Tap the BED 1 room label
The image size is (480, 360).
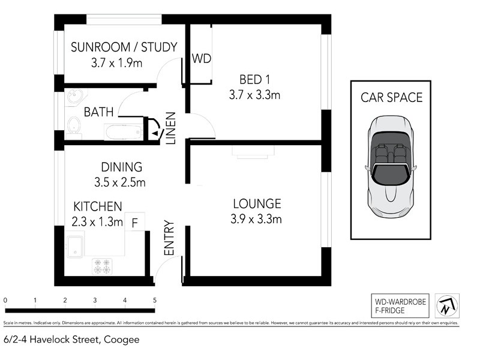click(x=254, y=79)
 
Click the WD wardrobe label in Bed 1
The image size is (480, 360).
click(x=200, y=59)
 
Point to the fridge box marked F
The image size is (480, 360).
click(x=135, y=223)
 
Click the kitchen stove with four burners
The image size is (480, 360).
click(x=102, y=266)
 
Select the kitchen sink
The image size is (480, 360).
click(x=75, y=245)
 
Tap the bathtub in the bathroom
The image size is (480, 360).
click(x=124, y=132)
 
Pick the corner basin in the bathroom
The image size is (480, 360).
click(x=74, y=96)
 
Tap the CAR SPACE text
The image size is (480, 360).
click(x=391, y=97)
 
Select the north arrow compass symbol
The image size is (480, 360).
click(x=447, y=306)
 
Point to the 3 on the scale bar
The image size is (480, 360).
click(x=95, y=300)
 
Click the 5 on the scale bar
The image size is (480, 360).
click(x=155, y=300)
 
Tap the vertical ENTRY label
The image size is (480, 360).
click(x=169, y=239)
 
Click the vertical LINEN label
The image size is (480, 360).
click(x=170, y=128)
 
